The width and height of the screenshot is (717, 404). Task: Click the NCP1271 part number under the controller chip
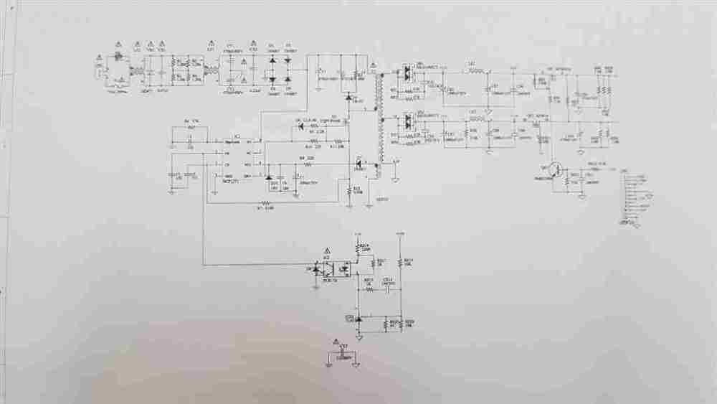coord(231,182)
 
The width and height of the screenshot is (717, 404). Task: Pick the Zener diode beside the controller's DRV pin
coord(268,177)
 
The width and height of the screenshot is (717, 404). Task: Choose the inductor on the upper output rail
coord(473,71)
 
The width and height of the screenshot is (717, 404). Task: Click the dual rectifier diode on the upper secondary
coord(407,72)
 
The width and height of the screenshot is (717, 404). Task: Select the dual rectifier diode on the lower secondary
coord(407,120)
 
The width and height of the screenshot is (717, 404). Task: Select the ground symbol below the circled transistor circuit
coord(582,195)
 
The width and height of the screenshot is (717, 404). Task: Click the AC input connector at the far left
coord(98,69)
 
